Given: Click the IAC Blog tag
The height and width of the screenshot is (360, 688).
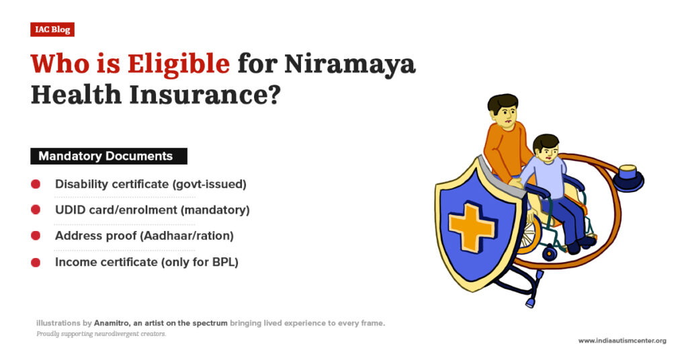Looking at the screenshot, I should tap(52, 30).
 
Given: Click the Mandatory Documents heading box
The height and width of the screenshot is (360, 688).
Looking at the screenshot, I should tap(108, 156).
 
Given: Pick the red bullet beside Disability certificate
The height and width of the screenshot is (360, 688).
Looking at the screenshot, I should tap(36, 184).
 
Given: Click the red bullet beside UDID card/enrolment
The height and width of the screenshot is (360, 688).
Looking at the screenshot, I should tap(36, 210).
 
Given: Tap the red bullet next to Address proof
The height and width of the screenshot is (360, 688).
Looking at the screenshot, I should tap(36, 236).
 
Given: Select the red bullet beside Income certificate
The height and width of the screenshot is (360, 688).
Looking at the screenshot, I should tap(36, 262).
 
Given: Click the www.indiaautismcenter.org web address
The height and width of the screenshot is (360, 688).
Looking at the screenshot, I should tap(622, 341).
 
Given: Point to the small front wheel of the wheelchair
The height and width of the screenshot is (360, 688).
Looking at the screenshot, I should tap(550, 253).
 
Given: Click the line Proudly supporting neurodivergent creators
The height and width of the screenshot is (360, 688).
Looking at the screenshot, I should tap(101, 334).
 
